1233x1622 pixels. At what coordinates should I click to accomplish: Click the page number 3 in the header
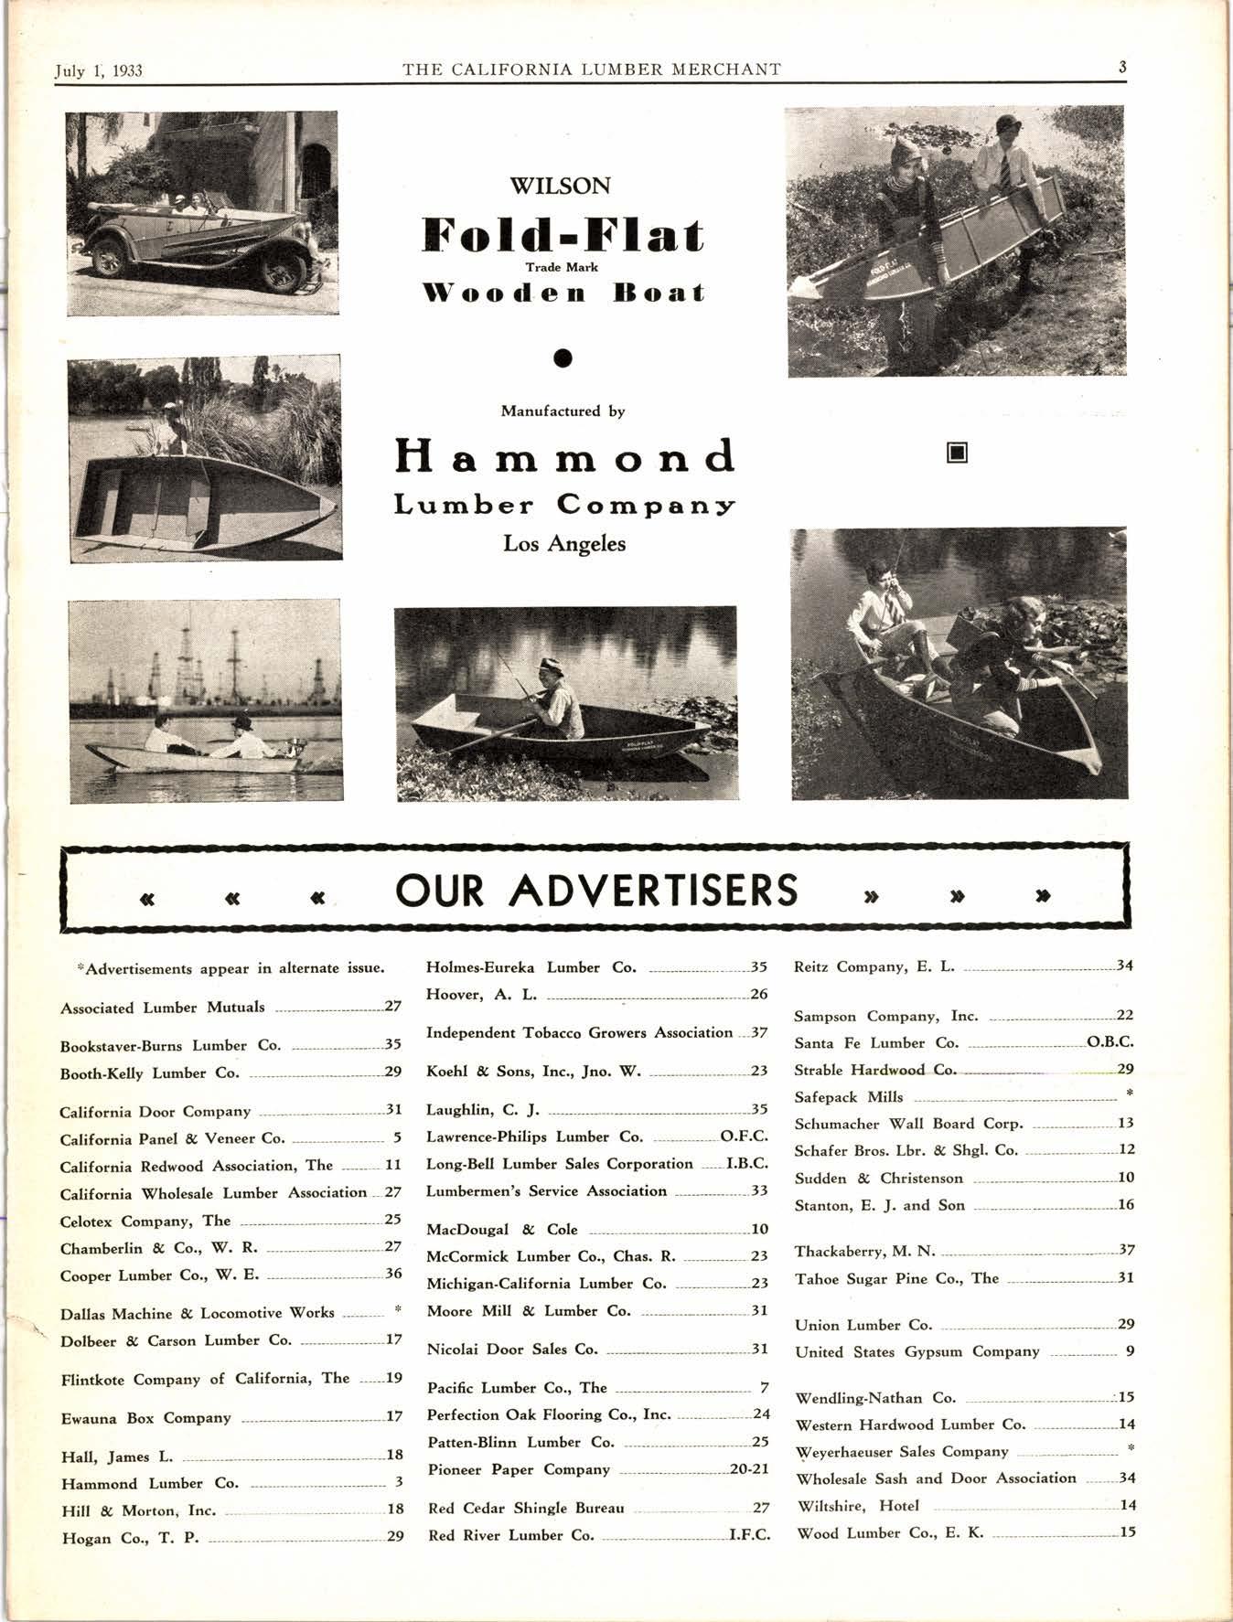click(x=1121, y=68)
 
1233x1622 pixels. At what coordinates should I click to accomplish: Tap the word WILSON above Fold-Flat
click(x=560, y=187)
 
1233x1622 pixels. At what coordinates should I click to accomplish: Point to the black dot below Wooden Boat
click(x=563, y=357)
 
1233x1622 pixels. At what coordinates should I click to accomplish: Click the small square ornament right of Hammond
click(x=957, y=452)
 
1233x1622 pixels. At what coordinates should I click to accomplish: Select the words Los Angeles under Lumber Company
click(x=564, y=544)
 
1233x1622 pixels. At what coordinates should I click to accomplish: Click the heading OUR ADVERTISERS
click(x=596, y=891)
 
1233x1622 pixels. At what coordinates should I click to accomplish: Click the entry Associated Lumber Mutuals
click(x=163, y=1008)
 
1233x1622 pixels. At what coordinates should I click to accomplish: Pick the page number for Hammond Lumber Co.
click(x=399, y=1483)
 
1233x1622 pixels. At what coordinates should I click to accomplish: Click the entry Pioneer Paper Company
click(x=519, y=1469)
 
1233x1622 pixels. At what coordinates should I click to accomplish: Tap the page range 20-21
click(x=749, y=1469)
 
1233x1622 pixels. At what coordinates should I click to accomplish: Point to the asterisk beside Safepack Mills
click(x=1130, y=1094)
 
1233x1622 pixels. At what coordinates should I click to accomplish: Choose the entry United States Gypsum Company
click(x=917, y=1351)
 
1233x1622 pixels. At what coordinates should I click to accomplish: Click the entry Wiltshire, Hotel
click(x=857, y=1505)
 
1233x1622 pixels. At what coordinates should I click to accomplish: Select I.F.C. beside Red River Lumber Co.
click(x=749, y=1535)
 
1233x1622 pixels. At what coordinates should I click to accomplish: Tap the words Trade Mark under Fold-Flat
click(x=562, y=267)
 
